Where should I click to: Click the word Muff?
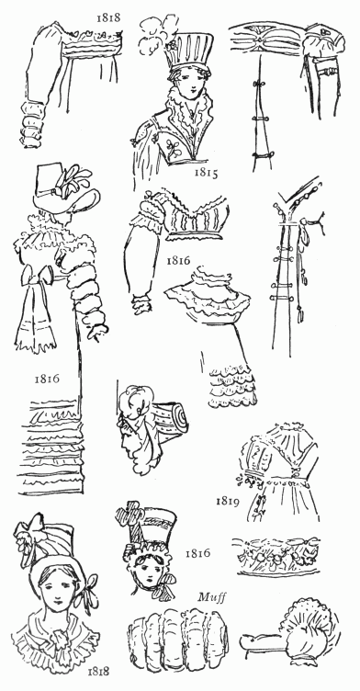[x=212, y=597]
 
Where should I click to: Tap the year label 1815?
[x=207, y=173]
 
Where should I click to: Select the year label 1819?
[x=228, y=502]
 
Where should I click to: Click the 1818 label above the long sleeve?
[x=108, y=17]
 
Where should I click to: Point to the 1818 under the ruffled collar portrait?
[x=98, y=671]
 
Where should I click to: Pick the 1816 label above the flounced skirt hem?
[x=47, y=379]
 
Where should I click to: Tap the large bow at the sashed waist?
[x=39, y=278]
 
